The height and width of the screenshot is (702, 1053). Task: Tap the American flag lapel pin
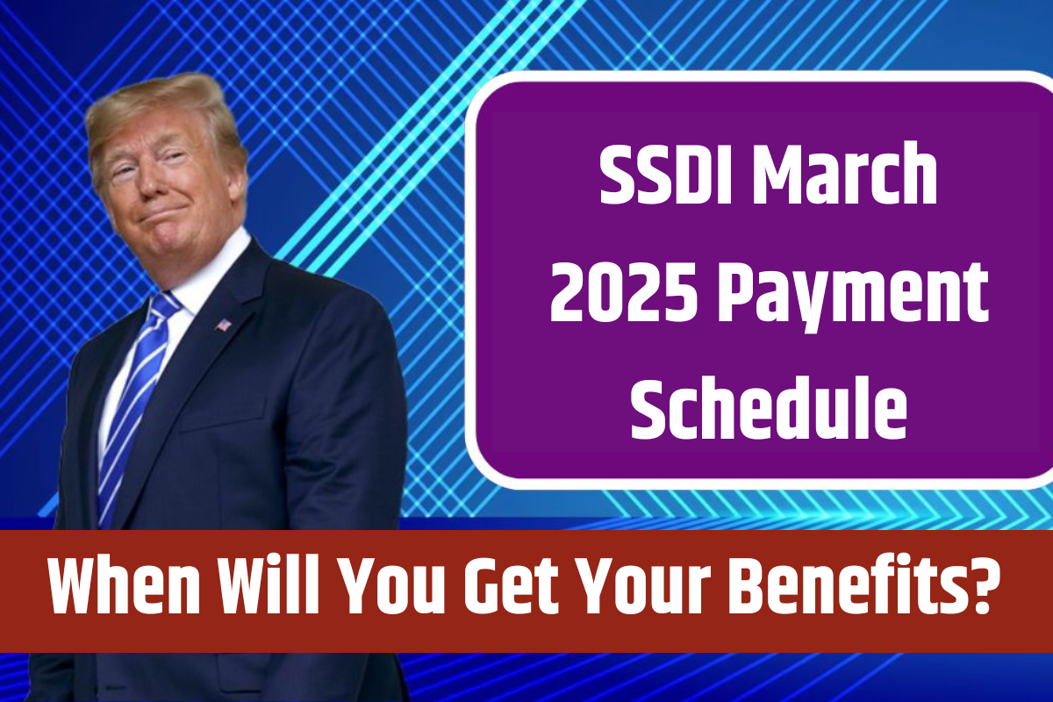tap(224, 325)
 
